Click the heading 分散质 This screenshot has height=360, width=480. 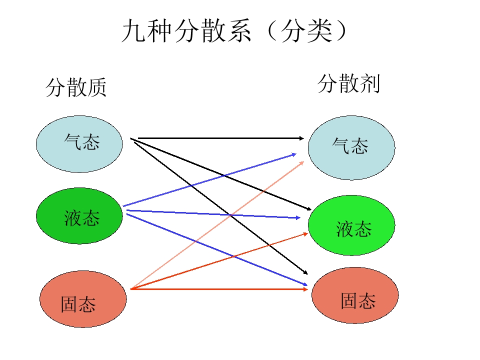pos(76,87)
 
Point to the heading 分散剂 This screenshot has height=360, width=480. pos(348,83)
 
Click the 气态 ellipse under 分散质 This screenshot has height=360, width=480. pos(79,144)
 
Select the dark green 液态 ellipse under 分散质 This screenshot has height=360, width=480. pos(79,216)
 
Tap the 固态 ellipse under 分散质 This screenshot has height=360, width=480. pos(83,299)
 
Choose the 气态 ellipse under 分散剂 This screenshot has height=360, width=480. pos(351,147)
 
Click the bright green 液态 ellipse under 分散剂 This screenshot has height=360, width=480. pos(351,225)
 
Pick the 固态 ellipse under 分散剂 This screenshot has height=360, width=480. pos(355,295)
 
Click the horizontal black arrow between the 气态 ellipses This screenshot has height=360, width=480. pos(220,138)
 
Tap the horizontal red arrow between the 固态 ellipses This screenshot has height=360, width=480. pos(220,289)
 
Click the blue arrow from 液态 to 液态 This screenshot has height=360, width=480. pos(215,214)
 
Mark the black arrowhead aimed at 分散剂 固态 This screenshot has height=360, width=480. pos(304,272)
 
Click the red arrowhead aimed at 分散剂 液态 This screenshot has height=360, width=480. pos(304,233)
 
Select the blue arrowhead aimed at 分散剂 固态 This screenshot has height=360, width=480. pos(304,285)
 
